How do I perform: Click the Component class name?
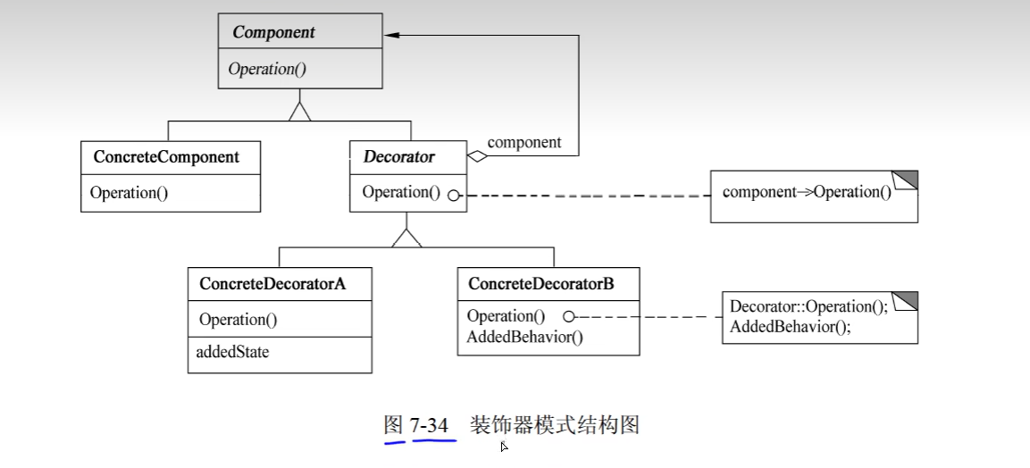[273, 32]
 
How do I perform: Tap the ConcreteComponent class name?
[166, 157]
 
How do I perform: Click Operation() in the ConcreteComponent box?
[129, 193]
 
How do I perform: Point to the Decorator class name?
[398, 157]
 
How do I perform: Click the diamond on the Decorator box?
[478, 157]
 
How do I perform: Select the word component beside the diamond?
[524, 142]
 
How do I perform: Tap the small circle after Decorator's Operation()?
[454, 195]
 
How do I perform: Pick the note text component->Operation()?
[806, 192]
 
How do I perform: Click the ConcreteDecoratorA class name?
[272, 284]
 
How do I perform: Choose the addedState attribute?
[232, 352]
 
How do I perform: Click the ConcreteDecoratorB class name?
[540, 284]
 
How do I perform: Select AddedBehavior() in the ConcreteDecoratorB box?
[524, 337]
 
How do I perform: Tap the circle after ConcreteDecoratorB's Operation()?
[568, 316]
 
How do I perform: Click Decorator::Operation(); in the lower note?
[808, 306]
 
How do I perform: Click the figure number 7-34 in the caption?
[429, 425]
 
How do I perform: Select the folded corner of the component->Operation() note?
[906, 179]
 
